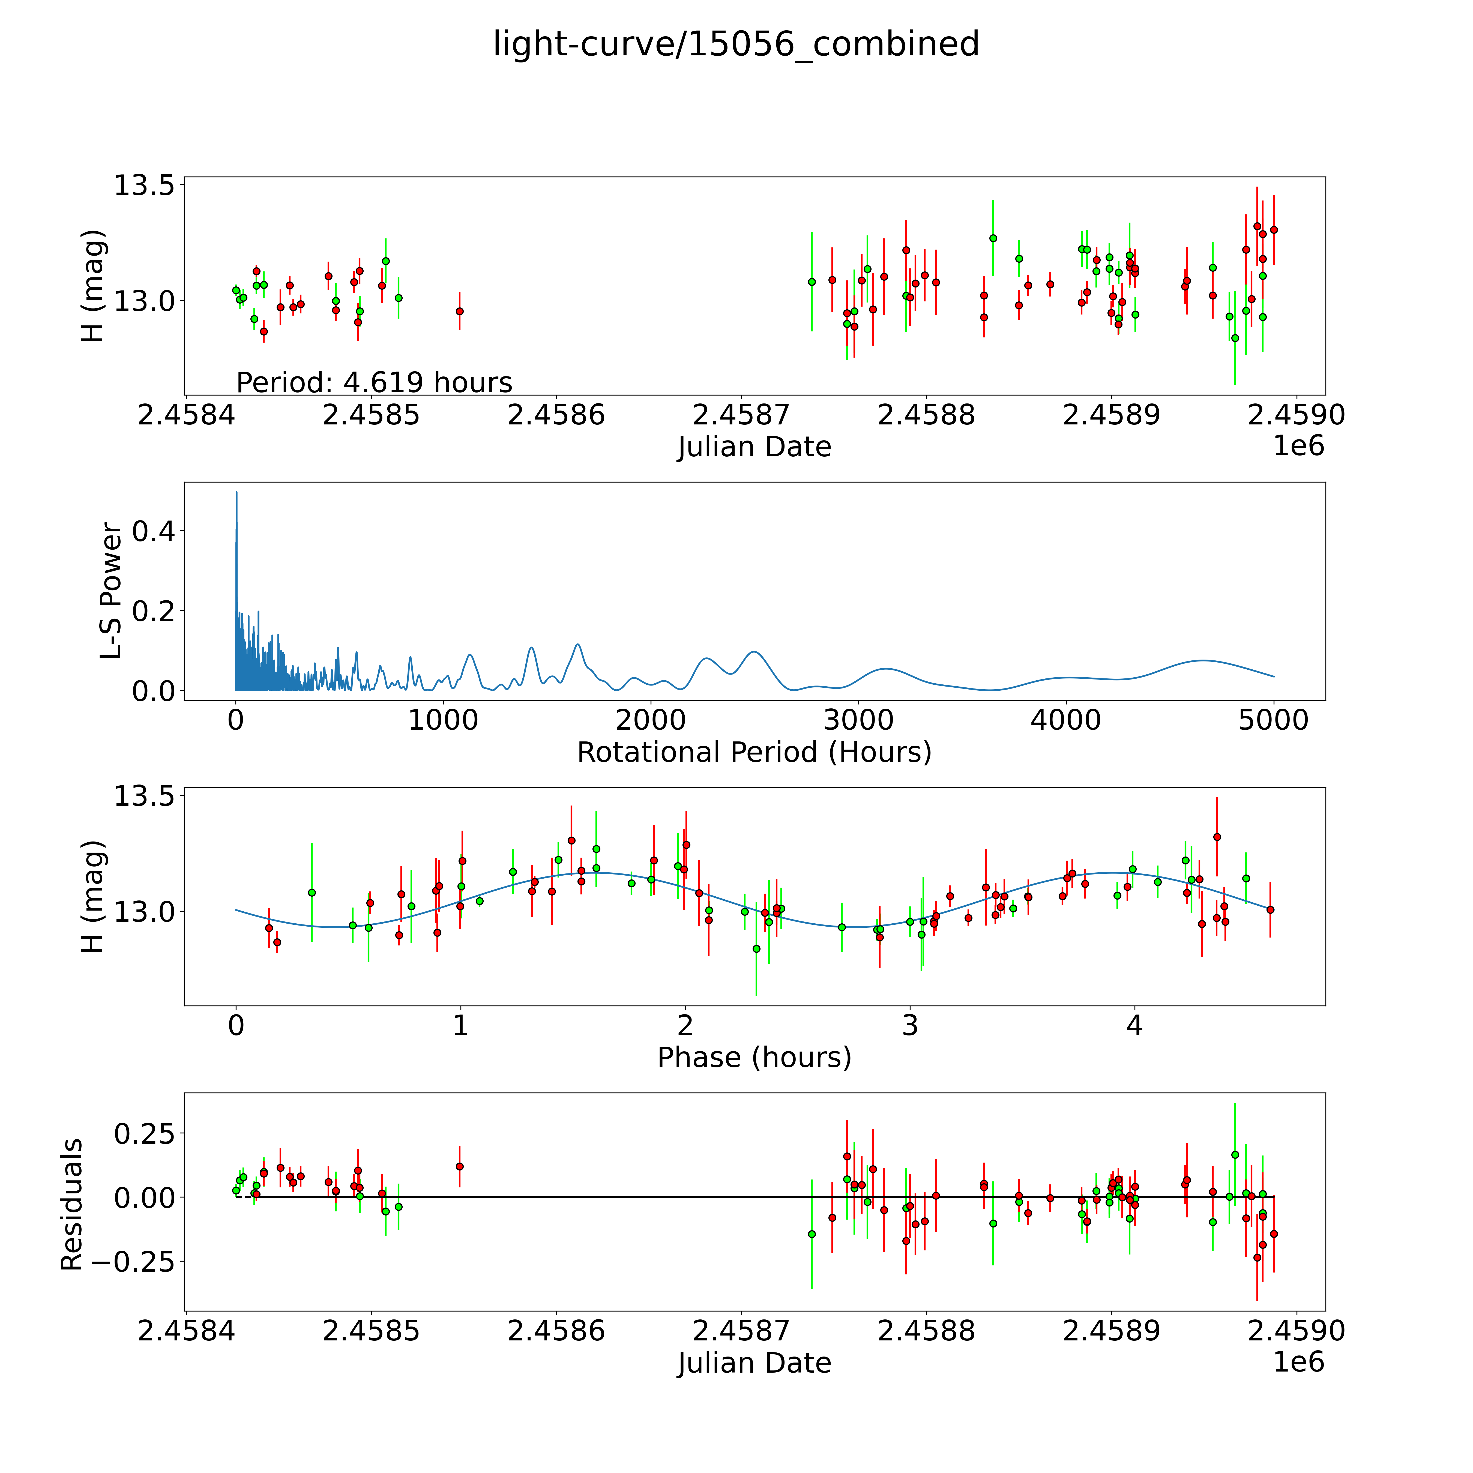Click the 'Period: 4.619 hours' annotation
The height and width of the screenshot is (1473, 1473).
(374, 382)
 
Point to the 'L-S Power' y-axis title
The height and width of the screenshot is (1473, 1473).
(110, 591)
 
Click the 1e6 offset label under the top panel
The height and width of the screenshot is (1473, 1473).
(1298, 446)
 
